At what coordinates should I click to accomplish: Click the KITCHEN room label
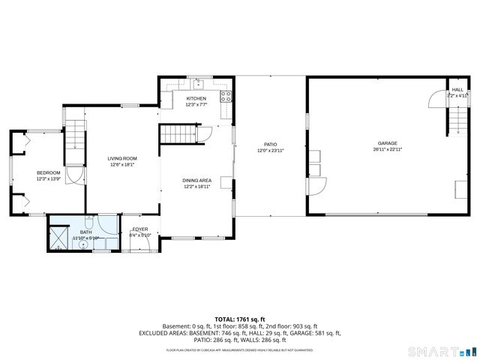(x=196, y=98)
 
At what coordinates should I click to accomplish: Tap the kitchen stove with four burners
(x=224, y=95)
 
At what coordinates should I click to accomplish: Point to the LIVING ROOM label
(x=122, y=158)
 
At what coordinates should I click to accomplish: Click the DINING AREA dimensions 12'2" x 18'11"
(x=196, y=186)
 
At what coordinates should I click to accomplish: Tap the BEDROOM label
(x=47, y=173)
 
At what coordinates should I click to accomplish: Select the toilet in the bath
(x=88, y=223)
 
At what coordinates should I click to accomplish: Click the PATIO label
(x=271, y=144)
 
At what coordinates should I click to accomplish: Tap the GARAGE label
(x=387, y=142)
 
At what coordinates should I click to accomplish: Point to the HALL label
(x=457, y=89)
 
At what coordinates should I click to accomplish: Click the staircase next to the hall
(x=457, y=118)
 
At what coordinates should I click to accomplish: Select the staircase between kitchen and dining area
(x=178, y=134)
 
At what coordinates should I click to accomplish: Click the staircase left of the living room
(x=74, y=139)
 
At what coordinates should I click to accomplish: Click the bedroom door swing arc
(x=74, y=174)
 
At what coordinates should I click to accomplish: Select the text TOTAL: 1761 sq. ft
(x=240, y=319)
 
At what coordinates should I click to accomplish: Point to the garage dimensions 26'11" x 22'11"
(x=387, y=149)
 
